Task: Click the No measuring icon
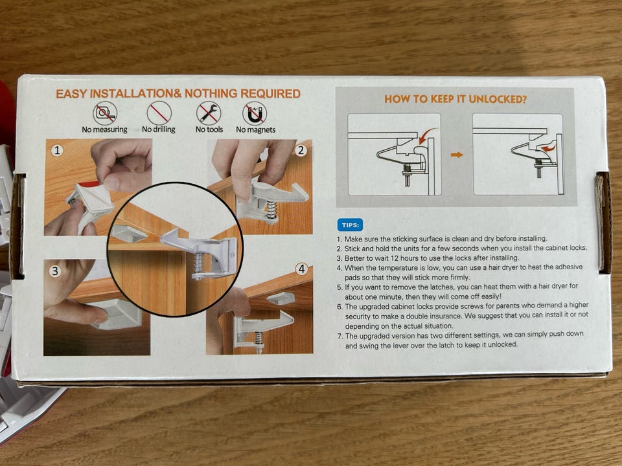105,113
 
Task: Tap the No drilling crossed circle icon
159,113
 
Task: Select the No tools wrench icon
209,113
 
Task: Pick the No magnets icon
255,113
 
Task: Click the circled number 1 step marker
58,151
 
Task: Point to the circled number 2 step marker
301,150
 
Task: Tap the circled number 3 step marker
55,271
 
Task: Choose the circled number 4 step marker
302,269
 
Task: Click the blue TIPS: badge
350,225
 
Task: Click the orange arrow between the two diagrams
457,155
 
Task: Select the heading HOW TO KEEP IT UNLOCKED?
455,99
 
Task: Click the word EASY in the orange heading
71,94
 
